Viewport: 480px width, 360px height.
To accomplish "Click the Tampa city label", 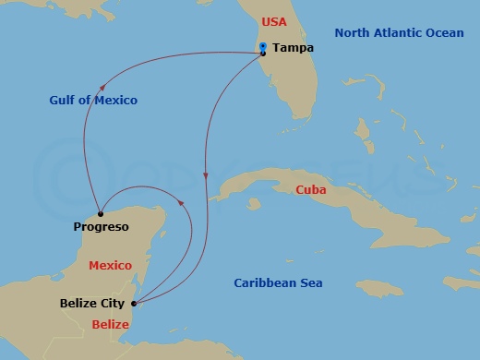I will click(x=294, y=48).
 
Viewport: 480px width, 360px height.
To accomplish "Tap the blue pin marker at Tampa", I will click(x=263, y=47).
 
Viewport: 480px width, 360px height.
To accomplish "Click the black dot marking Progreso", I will click(x=101, y=213).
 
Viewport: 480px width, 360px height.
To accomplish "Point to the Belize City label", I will click(x=92, y=303).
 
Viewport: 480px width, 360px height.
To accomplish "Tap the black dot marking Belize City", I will click(x=134, y=303).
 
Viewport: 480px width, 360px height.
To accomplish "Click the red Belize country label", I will click(x=112, y=324).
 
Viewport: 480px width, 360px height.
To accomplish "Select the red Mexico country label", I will click(x=110, y=266).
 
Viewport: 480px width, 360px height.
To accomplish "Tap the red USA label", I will click(x=274, y=20).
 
